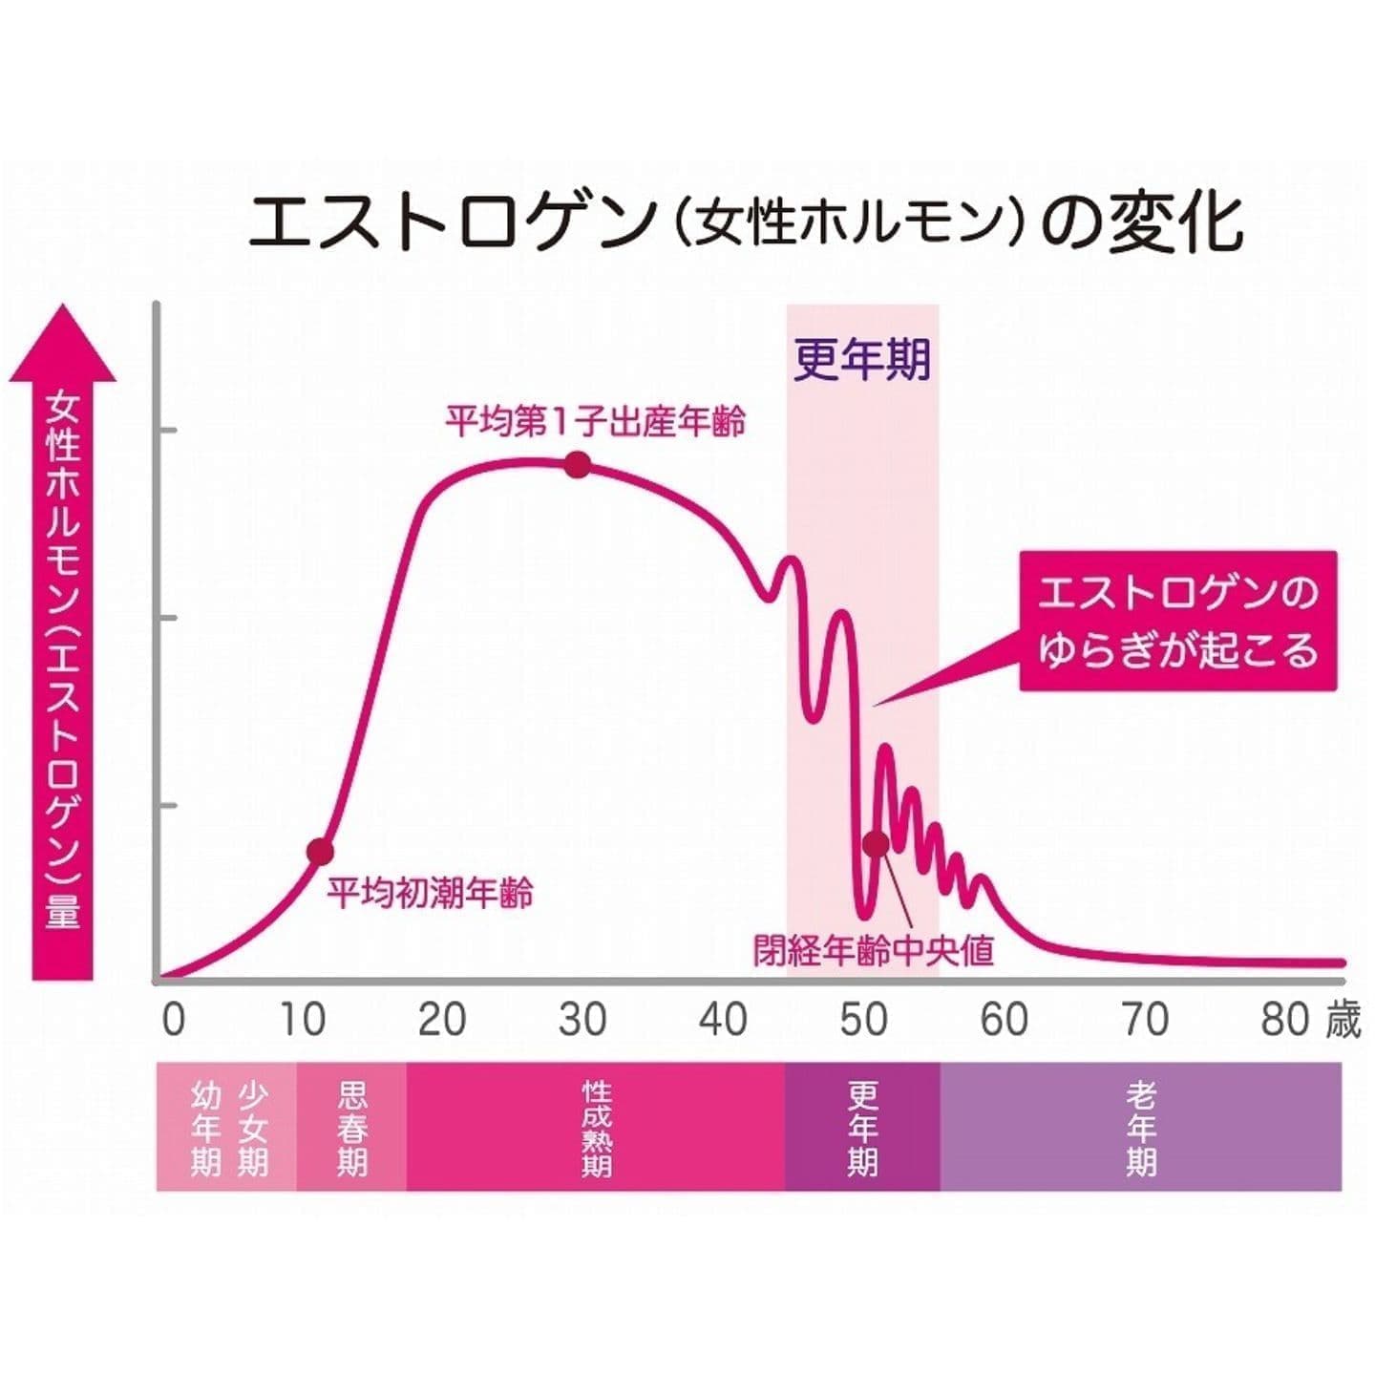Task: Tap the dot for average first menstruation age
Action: pyautogui.click(x=321, y=851)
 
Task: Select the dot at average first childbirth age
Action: pyautogui.click(x=577, y=465)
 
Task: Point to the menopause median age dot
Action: pyautogui.click(x=876, y=844)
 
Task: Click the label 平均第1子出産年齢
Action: pyautogui.click(x=595, y=421)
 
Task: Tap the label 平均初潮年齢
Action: pyautogui.click(x=430, y=893)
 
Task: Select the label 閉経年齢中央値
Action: pyautogui.click(x=873, y=951)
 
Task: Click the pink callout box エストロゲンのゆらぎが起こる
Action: pyautogui.click(x=1177, y=621)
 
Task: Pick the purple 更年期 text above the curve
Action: pyautogui.click(x=861, y=360)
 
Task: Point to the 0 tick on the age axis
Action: pyautogui.click(x=173, y=1020)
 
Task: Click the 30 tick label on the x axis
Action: pyautogui.click(x=582, y=1020)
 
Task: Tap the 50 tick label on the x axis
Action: pyautogui.click(x=863, y=1020)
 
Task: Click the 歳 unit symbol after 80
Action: pyautogui.click(x=1343, y=1020)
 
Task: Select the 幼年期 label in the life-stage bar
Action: pyautogui.click(x=206, y=1128)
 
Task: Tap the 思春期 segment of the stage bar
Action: pyautogui.click(x=351, y=1128)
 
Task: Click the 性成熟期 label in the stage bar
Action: pyautogui.click(x=596, y=1128)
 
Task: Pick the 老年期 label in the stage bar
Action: pyautogui.click(x=1140, y=1128)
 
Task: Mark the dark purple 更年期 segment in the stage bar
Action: pyautogui.click(x=862, y=1128)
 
